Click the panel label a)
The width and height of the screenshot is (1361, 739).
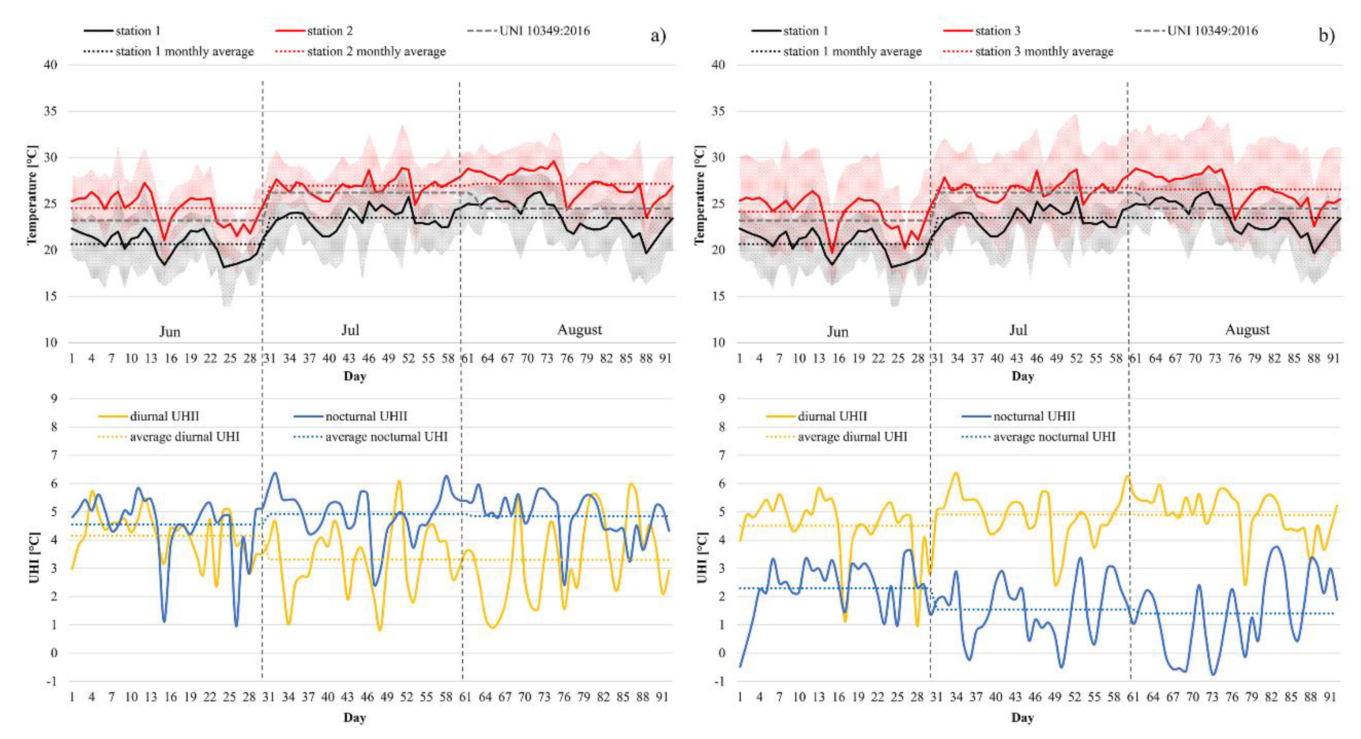pyautogui.click(x=658, y=36)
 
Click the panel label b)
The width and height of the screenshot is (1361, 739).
pyautogui.click(x=1326, y=36)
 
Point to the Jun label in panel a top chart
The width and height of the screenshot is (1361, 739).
pyautogui.click(x=170, y=332)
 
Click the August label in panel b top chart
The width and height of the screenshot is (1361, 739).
pyautogui.click(x=1247, y=330)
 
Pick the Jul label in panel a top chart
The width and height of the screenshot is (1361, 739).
pyautogui.click(x=350, y=330)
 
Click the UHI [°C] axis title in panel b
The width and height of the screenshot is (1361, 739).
pyautogui.click(x=701, y=558)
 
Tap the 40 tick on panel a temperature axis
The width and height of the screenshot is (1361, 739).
pyautogui.click(x=51, y=64)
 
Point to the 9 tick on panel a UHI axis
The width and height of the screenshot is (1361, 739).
pyautogui.click(x=54, y=399)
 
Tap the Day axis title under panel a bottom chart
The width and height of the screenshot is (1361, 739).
pyautogui.click(x=355, y=718)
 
